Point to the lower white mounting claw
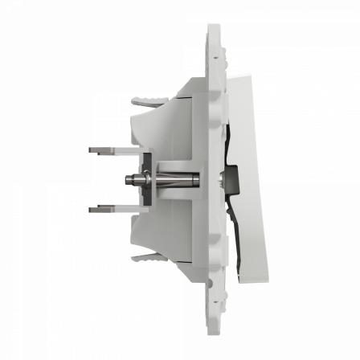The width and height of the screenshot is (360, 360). [x=145, y=258]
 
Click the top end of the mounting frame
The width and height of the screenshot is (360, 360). [x=214, y=31]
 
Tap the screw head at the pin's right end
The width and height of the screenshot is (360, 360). [x=218, y=178]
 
